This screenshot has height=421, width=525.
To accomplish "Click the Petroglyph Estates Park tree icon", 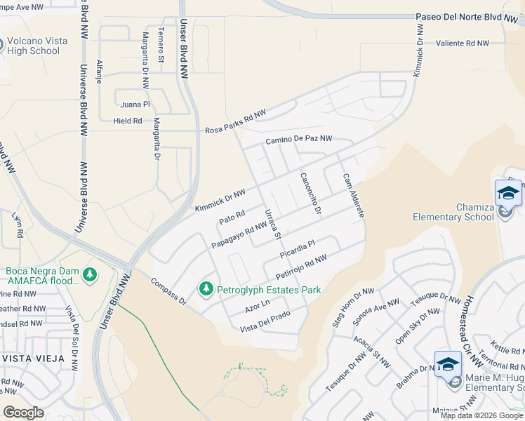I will pyautogui.click(x=206, y=289).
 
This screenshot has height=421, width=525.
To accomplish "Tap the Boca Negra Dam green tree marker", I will pyautogui.click(x=88, y=274).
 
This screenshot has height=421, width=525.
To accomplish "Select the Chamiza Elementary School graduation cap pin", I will pyautogui.click(x=508, y=194).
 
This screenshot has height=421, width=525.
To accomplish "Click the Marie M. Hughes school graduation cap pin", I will pyautogui.click(x=448, y=364).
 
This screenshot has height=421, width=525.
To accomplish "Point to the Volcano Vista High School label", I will pyautogui.click(x=39, y=46).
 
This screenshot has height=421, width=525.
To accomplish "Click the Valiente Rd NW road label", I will pyautogui.click(x=462, y=44).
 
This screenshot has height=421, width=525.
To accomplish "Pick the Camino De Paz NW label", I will pyautogui.click(x=298, y=140).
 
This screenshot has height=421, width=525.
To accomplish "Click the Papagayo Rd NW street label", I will pyautogui.click(x=239, y=234).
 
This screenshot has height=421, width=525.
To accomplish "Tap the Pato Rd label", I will pyautogui.click(x=231, y=218).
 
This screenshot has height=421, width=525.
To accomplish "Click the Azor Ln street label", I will pyautogui.click(x=258, y=306).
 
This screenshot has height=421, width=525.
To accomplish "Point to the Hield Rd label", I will pyautogui.click(x=128, y=121).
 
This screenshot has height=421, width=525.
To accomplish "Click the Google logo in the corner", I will pyautogui.click(x=23, y=412).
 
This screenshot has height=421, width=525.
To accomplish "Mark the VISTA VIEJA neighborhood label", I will pyautogui.click(x=32, y=358).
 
